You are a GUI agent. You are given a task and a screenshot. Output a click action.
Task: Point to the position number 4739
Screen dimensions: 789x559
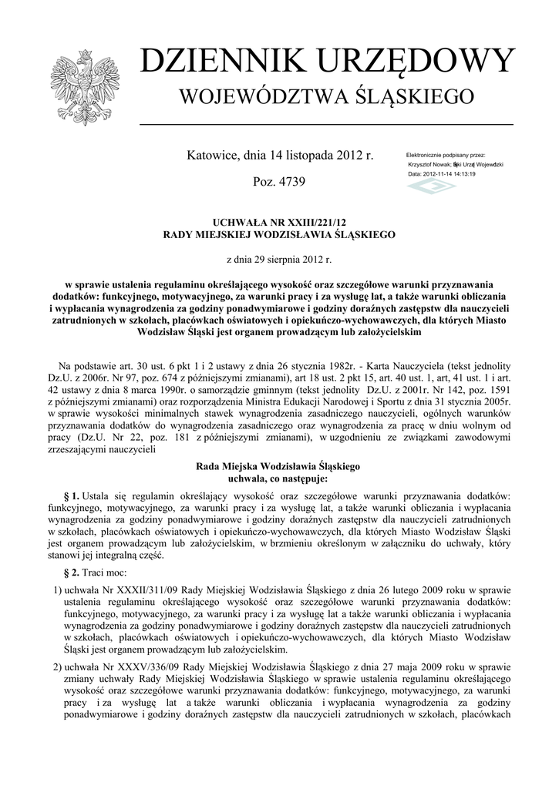click(288, 183)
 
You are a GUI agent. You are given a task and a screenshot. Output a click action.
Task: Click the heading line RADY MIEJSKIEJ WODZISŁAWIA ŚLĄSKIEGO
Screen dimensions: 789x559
click(279, 233)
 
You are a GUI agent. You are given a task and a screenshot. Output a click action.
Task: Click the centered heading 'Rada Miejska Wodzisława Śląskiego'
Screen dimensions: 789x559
click(278, 466)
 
